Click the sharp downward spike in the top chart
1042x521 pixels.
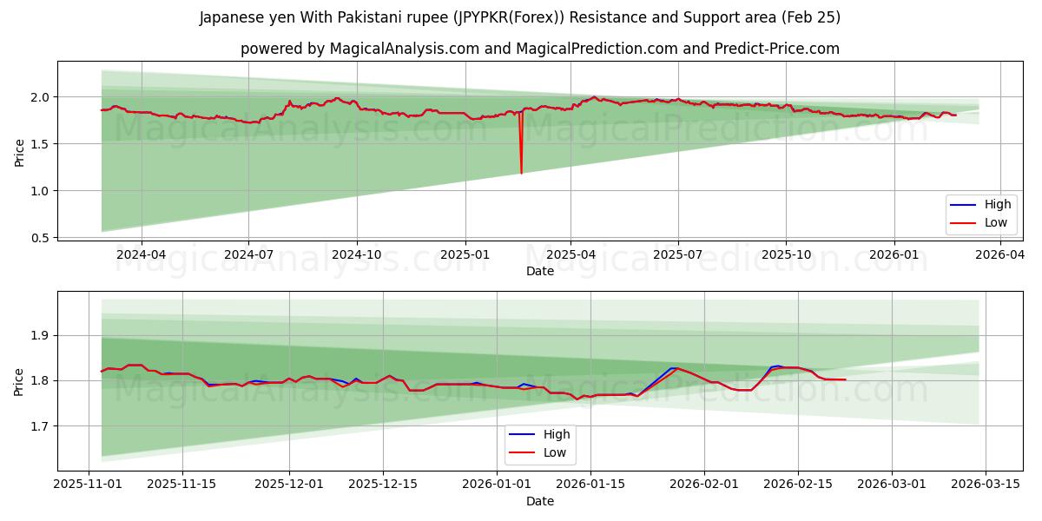point(521,172)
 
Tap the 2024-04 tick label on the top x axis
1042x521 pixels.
point(141,254)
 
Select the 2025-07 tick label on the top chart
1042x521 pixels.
point(677,254)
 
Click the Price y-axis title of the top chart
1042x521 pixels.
point(19,152)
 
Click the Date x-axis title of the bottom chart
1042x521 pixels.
point(540,501)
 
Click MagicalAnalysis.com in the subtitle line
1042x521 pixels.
point(404,49)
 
